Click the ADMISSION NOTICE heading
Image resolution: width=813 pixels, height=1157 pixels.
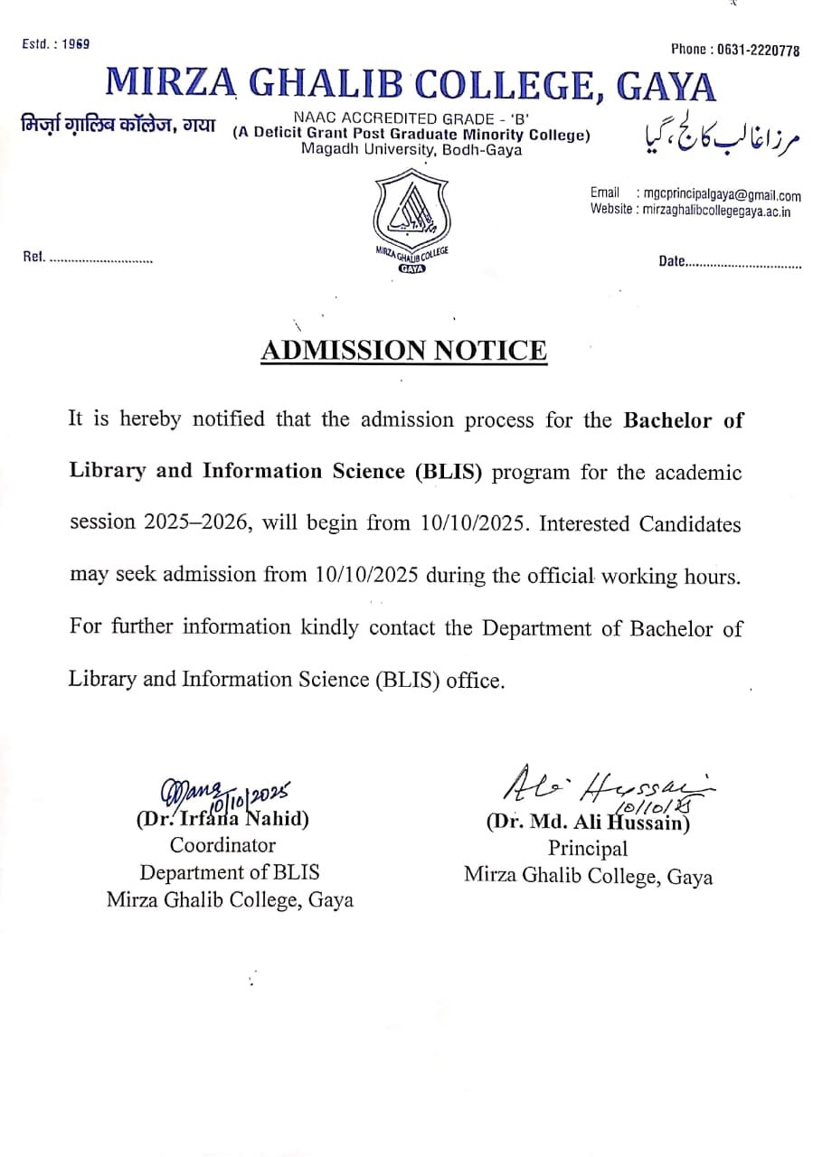tap(403, 350)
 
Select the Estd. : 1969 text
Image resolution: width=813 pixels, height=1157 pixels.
tap(55, 44)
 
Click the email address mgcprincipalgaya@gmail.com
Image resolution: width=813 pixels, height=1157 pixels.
tap(720, 195)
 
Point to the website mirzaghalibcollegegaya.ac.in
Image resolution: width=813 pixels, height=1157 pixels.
tap(715, 211)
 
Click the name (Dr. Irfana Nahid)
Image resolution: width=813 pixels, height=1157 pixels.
tap(222, 820)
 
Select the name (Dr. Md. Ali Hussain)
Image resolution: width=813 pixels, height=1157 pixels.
tap(588, 823)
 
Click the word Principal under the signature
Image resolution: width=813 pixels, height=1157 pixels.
tap(587, 849)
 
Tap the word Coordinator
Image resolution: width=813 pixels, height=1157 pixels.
tap(223, 846)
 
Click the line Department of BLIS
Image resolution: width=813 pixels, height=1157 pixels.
tap(229, 872)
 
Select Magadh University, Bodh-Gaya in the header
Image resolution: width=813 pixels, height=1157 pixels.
tap(411, 151)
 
